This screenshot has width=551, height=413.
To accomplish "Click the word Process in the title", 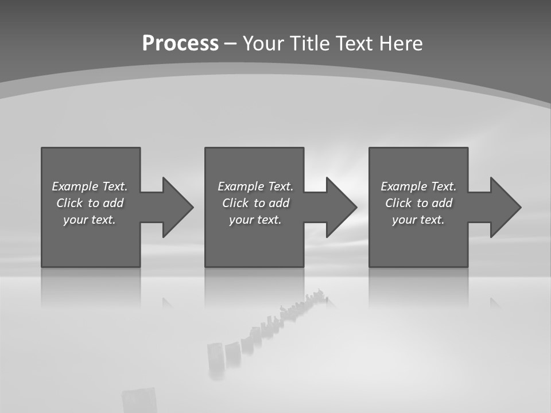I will click(180, 44).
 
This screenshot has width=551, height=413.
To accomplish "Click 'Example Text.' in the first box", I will click(90, 186).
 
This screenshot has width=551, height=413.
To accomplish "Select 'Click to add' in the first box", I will click(90, 203).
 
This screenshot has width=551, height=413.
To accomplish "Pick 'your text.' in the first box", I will click(90, 220).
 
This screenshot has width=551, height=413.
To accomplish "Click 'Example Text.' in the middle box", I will click(255, 186).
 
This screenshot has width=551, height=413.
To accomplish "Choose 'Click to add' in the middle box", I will click(255, 203).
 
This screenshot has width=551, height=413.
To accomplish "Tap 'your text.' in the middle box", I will click(255, 220).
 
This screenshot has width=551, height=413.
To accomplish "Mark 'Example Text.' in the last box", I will click(418, 186).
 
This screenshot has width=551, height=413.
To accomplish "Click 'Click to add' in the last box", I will click(418, 203).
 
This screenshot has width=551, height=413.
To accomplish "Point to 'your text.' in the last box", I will click(418, 220).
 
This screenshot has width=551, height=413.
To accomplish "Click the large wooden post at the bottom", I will click(139, 400).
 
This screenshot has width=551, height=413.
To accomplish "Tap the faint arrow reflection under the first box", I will click(167, 302).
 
